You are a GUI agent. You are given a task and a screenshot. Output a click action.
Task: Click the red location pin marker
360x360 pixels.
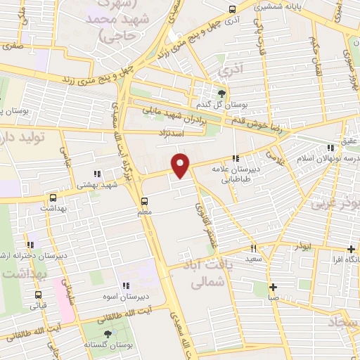[181, 165]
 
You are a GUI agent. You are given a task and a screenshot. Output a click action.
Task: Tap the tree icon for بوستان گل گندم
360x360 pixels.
[223, 94]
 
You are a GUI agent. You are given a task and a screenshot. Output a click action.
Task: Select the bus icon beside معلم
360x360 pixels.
[145, 199]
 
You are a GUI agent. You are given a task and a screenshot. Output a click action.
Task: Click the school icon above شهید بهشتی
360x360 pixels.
[97, 173]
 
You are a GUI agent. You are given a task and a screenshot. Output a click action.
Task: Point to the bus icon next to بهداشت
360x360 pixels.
[53, 198]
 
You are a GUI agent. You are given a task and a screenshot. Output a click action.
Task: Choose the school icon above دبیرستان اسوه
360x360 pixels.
[126, 285]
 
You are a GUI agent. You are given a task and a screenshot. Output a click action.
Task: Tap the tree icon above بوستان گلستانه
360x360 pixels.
[108, 335]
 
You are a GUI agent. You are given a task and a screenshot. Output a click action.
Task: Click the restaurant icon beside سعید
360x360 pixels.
[254, 248]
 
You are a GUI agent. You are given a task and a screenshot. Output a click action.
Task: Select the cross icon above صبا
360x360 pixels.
[274, 286]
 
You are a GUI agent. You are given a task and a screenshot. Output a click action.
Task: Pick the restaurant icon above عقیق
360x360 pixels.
[331, 147]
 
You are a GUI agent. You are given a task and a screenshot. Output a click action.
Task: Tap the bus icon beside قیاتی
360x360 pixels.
[38, 295]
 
